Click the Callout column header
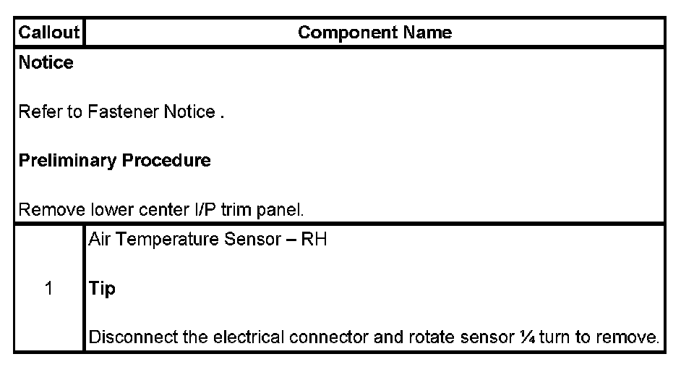click(x=48, y=33)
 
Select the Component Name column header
click(x=374, y=33)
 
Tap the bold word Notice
click(x=46, y=63)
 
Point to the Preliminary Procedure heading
click(x=114, y=161)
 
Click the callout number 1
click(x=48, y=288)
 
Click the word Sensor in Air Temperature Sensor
click(x=248, y=240)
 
